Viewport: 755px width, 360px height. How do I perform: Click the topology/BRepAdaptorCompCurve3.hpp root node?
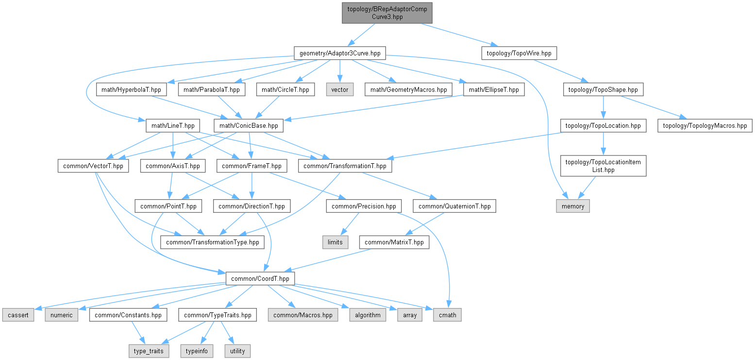click(x=387, y=13)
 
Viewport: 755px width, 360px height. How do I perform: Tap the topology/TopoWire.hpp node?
click(x=519, y=53)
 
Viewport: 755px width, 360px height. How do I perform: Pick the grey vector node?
click(x=339, y=89)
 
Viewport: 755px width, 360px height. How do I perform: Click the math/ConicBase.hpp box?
click(x=249, y=126)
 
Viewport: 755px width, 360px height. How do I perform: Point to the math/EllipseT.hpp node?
click(x=494, y=89)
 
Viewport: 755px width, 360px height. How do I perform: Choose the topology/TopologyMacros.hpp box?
click(x=705, y=126)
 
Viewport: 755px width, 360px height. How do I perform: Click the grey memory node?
click(x=573, y=206)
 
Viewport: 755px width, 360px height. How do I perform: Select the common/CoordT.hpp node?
click(x=260, y=278)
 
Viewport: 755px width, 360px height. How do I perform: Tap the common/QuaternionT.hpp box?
click(x=454, y=206)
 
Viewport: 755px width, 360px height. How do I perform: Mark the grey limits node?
click(x=335, y=242)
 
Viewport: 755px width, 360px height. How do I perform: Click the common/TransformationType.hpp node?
click(x=213, y=242)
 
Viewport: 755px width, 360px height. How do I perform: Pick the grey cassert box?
click(x=18, y=315)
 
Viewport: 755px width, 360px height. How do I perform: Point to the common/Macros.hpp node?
click(x=303, y=315)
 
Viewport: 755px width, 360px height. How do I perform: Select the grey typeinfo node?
click(x=196, y=351)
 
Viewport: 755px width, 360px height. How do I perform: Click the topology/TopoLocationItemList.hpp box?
click(x=604, y=166)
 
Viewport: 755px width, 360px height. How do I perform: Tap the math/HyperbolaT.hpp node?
click(x=132, y=89)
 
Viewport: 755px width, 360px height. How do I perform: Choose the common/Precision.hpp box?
click(x=364, y=206)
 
